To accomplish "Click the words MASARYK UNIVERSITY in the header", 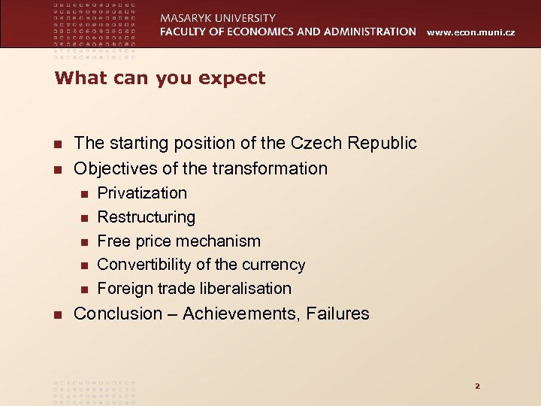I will pyautogui.click(x=218, y=17).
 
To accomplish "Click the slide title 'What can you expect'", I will pyautogui.click(x=160, y=78).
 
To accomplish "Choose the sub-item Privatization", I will pyautogui.click(x=142, y=192).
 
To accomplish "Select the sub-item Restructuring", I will pyautogui.click(x=146, y=217).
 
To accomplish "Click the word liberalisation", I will pyautogui.click(x=244, y=289).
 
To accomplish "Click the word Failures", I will pyautogui.click(x=338, y=314).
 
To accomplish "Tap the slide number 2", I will pyautogui.click(x=476, y=386).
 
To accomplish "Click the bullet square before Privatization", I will pyautogui.click(x=84, y=194).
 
